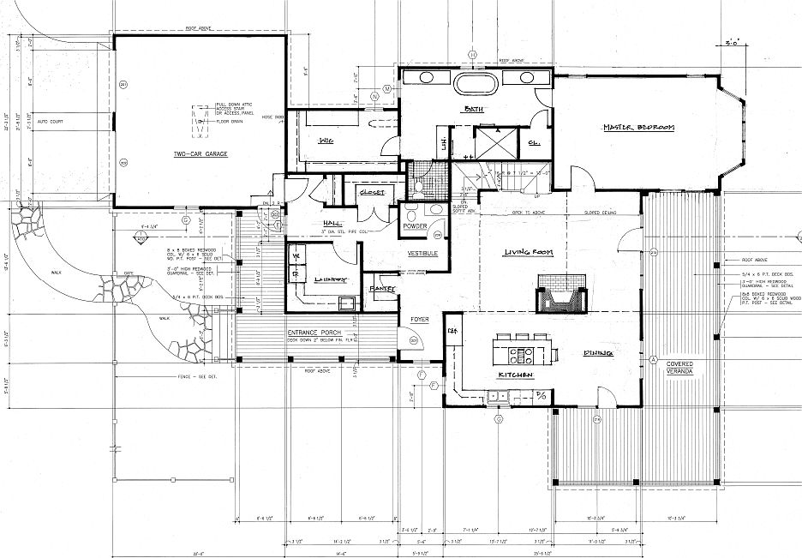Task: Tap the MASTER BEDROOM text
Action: (639, 128)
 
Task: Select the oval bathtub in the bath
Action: (471, 83)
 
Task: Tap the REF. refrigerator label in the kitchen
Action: (452, 330)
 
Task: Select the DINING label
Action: (601, 352)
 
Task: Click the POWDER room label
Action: (414, 227)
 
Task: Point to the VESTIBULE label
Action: (422, 255)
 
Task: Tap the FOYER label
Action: (420, 320)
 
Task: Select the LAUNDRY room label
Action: (329, 280)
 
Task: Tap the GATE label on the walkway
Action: (132, 273)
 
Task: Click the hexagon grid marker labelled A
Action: (652, 358)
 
